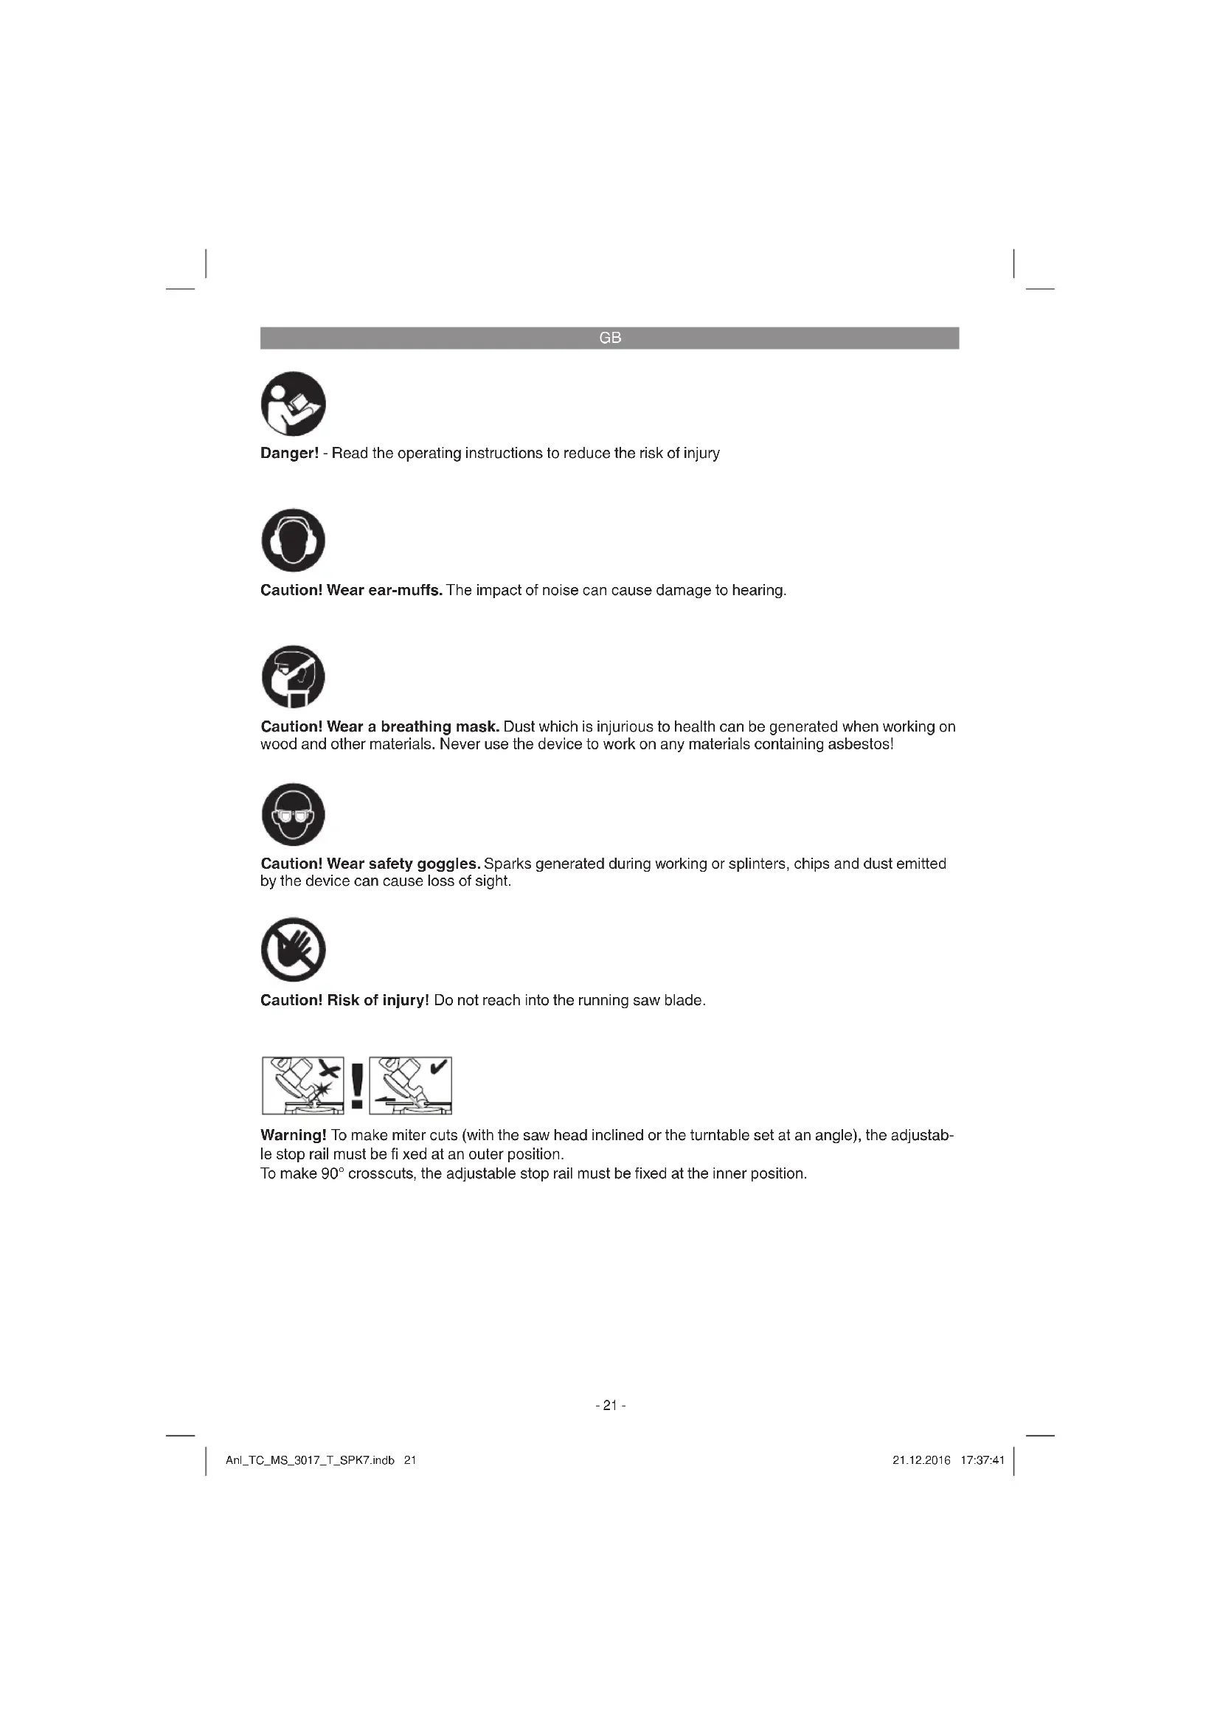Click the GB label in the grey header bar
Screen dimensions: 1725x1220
(x=610, y=338)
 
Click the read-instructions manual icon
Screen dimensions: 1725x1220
(x=293, y=403)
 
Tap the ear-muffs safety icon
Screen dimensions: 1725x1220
(x=293, y=540)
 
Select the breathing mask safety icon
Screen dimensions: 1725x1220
(x=293, y=676)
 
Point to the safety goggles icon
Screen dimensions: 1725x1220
(x=293, y=814)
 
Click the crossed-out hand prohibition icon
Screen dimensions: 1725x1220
(x=293, y=950)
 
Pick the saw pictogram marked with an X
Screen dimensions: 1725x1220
(x=302, y=1085)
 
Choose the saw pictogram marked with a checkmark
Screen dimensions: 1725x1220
(x=410, y=1085)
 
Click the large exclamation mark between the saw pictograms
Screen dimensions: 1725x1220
(x=357, y=1085)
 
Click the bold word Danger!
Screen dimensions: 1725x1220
(x=289, y=454)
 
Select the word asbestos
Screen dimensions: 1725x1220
(x=860, y=746)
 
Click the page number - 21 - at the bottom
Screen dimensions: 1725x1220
(x=610, y=1406)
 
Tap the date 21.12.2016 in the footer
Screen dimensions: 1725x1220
(x=921, y=1460)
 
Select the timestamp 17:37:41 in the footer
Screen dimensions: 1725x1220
(x=982, y=1460)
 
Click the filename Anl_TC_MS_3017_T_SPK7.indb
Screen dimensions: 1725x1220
(x=310, y=1460)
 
